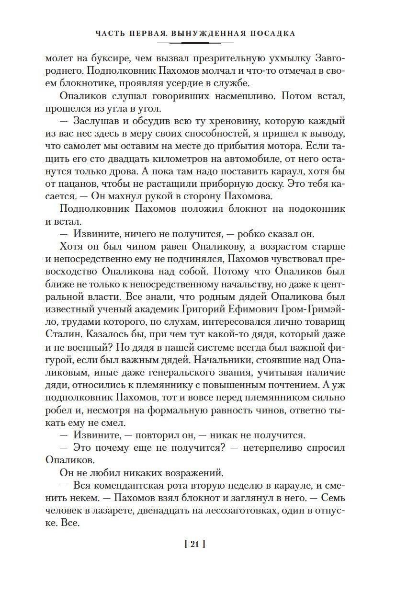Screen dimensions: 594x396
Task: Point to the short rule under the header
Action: tap(198, 43)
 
